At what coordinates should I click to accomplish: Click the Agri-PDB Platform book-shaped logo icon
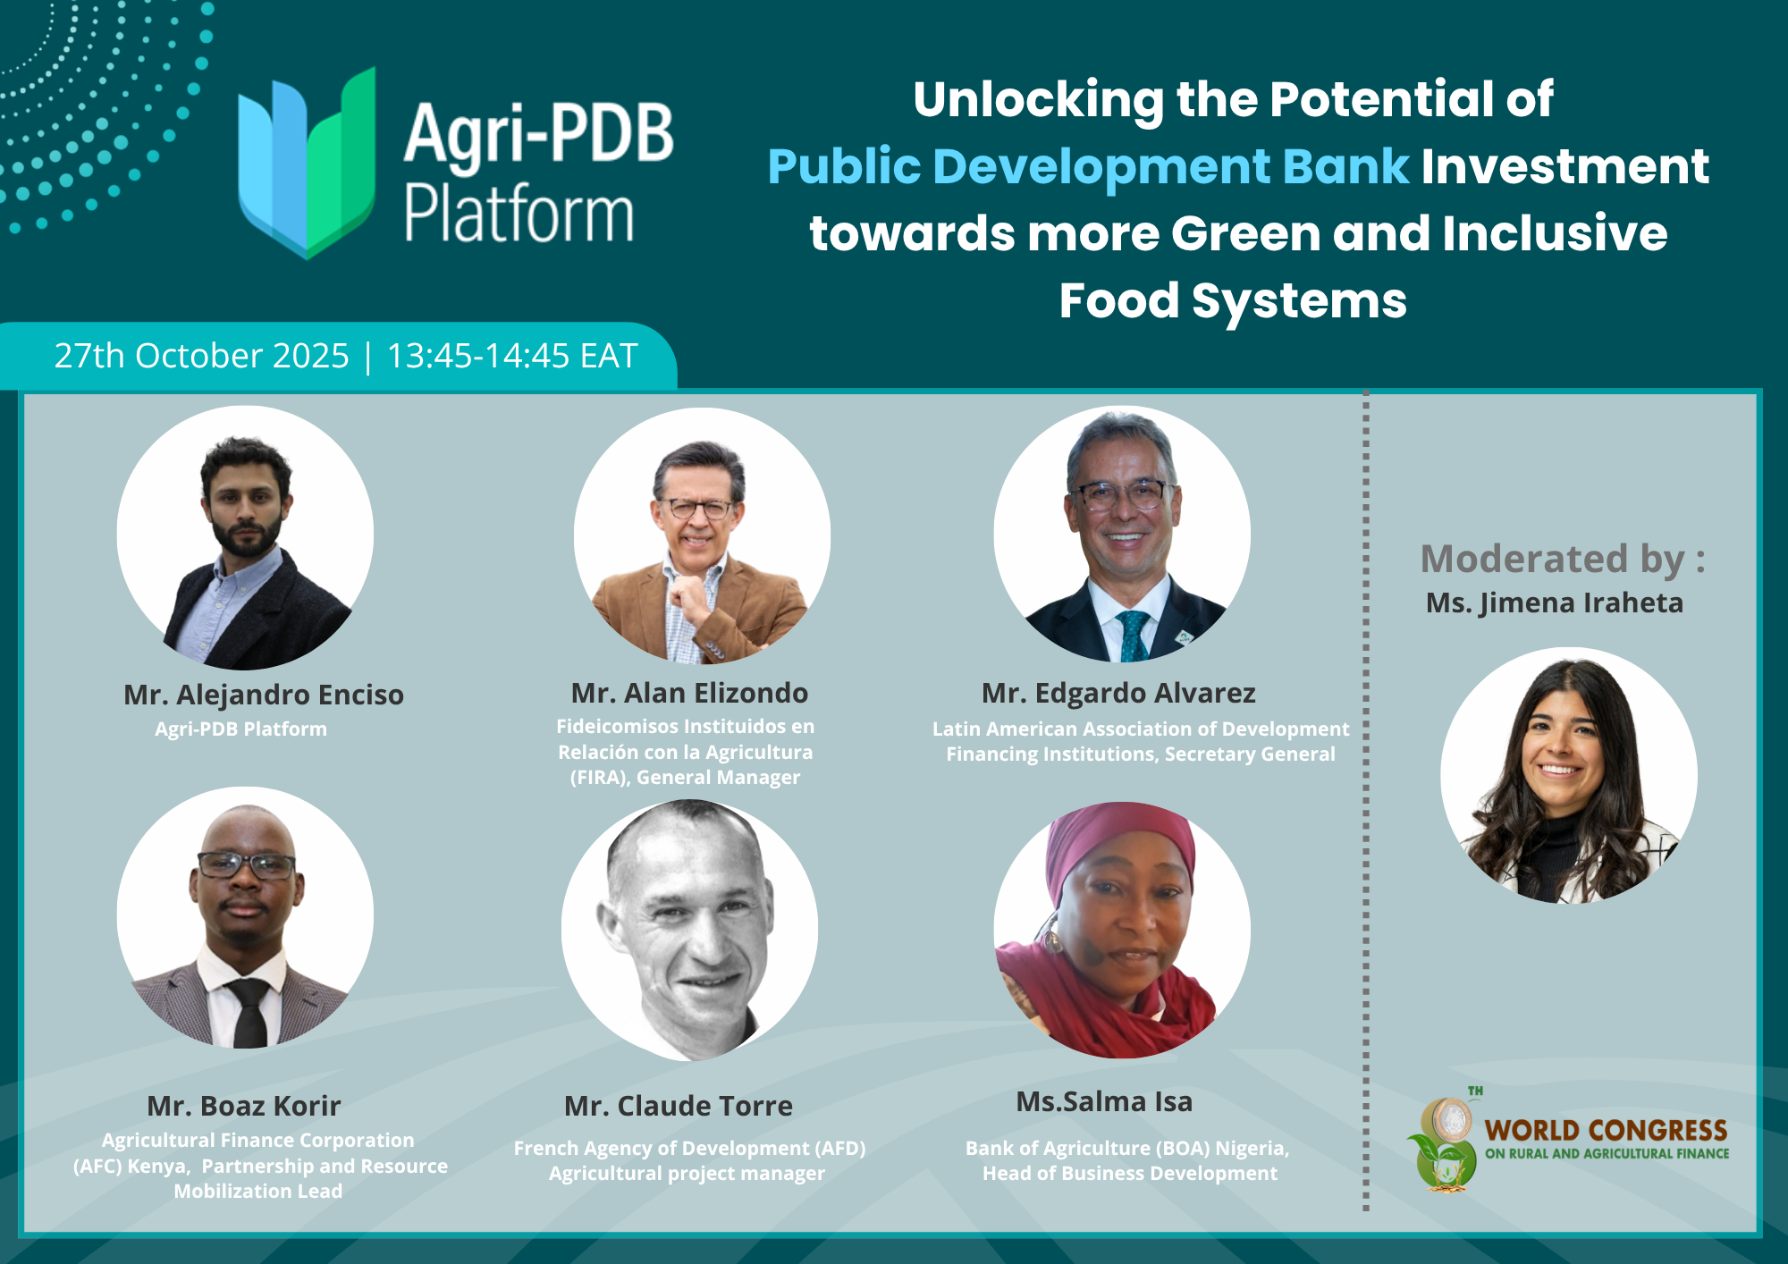(307, 164)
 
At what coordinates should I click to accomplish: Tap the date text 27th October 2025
(201, 356)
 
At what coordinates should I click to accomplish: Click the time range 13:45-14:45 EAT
(512, 356)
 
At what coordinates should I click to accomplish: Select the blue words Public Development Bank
(1088, 167)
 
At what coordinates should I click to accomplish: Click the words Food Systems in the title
(1233, 300)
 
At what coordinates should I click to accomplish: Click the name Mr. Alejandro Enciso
(264, 695)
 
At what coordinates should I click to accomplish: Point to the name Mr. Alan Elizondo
(689, 693)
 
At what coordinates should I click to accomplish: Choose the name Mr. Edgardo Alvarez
(1118, 693)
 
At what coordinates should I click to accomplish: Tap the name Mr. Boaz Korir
(244, 1106)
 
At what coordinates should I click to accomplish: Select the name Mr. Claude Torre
(679, 1106)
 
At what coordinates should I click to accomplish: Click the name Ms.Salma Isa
(1104, 1101)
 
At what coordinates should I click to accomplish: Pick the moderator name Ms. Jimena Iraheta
(1555, 603)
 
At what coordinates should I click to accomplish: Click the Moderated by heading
(1563, 560)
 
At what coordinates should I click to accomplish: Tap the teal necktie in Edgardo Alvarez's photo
(1133, 636)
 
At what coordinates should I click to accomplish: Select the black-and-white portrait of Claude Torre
(689, 930)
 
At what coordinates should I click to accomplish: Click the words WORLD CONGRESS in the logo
(1606, 1131)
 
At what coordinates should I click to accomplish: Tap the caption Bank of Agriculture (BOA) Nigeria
(1126, 1148)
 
